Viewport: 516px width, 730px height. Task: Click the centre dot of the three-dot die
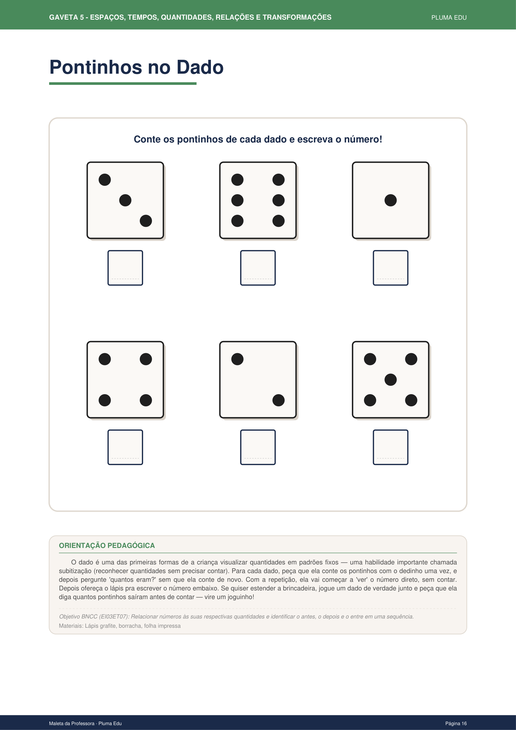pyautogui.click(x=125, y=200)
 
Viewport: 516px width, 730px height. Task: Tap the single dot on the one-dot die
pyautogui.click(x=390, y=200)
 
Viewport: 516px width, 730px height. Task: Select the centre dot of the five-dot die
pyautogui.click(x=390, y=380)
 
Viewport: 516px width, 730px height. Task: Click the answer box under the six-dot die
pyautogui.click(x=258, y=268)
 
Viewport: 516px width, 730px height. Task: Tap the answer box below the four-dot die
pyautogui.click(x=125, y=447)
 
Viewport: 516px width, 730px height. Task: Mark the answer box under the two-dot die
pyautogui.click(x=258, y=447)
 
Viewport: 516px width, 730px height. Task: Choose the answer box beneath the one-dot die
pyautogui.click(x=390, y=268)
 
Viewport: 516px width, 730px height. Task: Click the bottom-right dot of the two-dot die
pyautogui.click(x=279, y=400)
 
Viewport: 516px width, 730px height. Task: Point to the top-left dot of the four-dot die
pyautogui.click(x=105, y=359)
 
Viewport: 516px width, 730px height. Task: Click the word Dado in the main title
pyautogui.click(x=200, y=67)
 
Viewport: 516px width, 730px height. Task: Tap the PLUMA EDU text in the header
pyautogui.click(x=449, y=18)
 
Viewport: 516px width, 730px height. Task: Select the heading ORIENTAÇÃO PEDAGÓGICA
pyautogui.click(x=107, y=546)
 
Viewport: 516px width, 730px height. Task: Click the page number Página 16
pyautogui.click(x=456, y=723)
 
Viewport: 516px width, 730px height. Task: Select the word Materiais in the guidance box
pyautogui.click(x=70, y=626)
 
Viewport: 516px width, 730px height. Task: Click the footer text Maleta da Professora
pyautogui.click(x=72, y=723)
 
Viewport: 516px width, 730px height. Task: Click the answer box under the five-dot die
pyautogui.click(x=390, y=447)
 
